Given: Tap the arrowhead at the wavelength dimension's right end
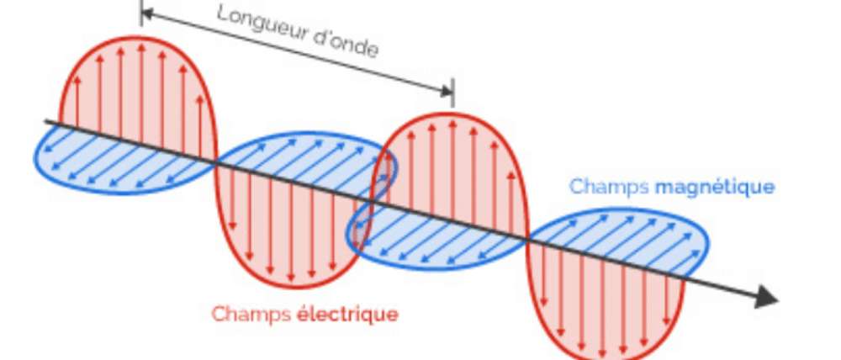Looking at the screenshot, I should point(447,90).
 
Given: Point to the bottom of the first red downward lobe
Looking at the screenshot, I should point(290,285).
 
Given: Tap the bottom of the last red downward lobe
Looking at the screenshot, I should point(606,352).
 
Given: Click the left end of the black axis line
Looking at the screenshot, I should point(46,122).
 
